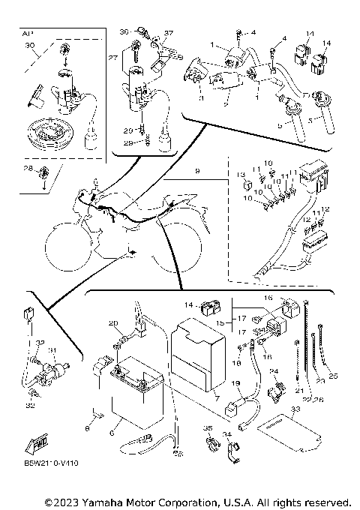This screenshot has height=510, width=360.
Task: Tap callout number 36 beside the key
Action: [124, 31]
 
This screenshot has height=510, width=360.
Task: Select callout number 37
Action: [168, 33]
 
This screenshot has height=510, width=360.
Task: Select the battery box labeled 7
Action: [196, 352]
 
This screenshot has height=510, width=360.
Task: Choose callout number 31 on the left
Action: [52, 349]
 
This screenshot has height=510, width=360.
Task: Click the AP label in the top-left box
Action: [28, 34]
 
